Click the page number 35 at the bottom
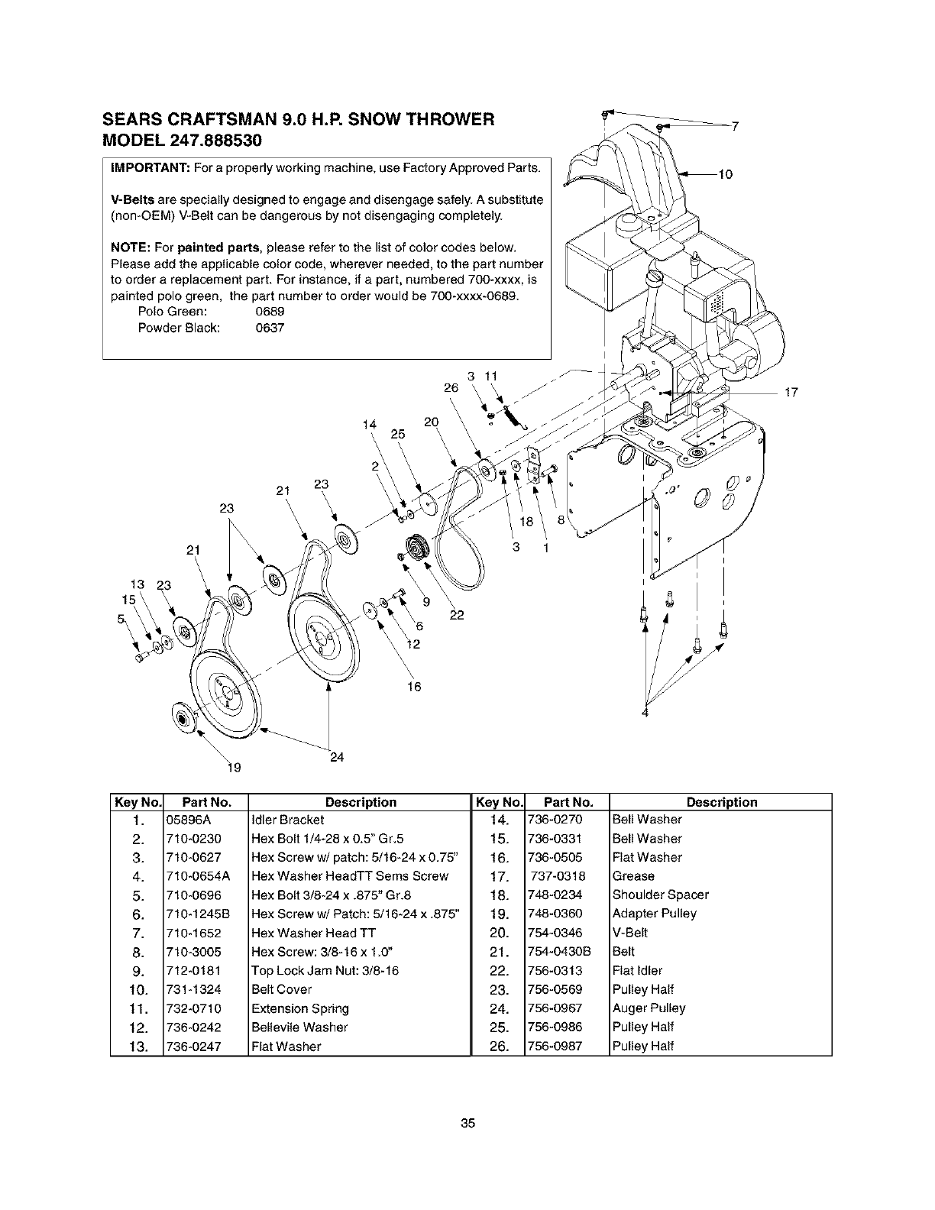point(468,1123)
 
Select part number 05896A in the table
point(183,820)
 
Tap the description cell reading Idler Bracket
point(282,820)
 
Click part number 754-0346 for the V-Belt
point(555,933)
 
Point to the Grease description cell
point(633,876)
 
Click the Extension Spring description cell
point(299,1008)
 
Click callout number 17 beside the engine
point(791,393)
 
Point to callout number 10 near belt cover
point(725,175)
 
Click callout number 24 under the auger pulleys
point(337,758)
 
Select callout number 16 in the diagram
point(413,687)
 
